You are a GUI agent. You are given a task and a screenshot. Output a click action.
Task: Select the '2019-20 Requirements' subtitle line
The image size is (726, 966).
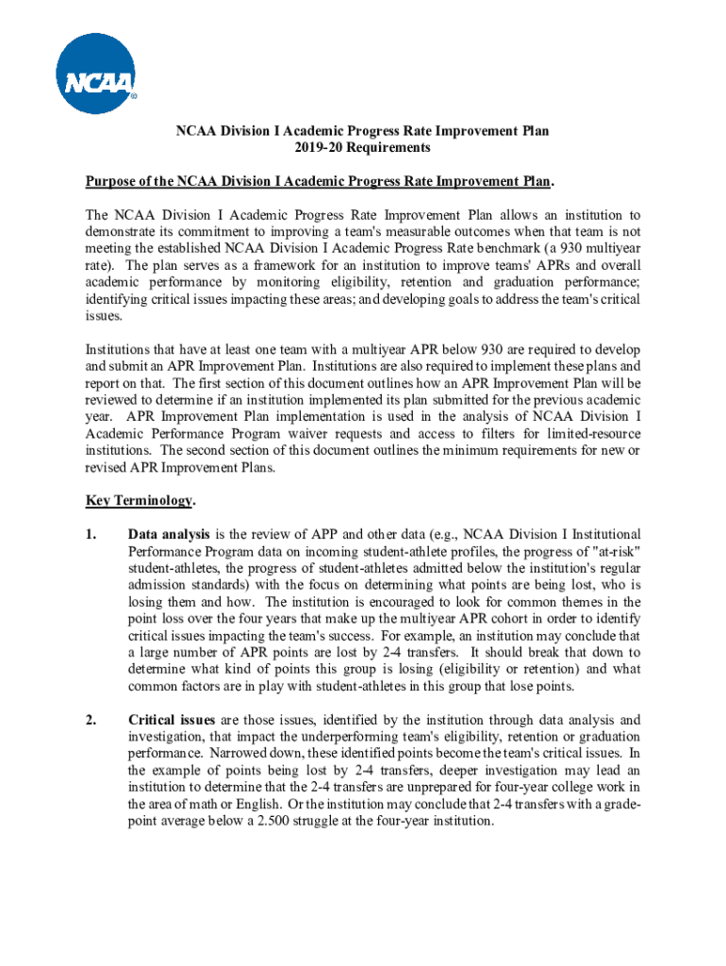pyautogui.click(x=362, y=148)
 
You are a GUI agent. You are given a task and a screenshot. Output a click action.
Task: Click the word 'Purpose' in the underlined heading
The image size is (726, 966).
pyautogui.click(x=110, y=180)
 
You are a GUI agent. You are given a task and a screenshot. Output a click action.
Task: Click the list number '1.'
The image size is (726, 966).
pyautogui.click(x=91, y=534)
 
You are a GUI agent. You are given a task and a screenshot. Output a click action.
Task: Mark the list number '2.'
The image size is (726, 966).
pyautogui.click(x=91, y=720)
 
